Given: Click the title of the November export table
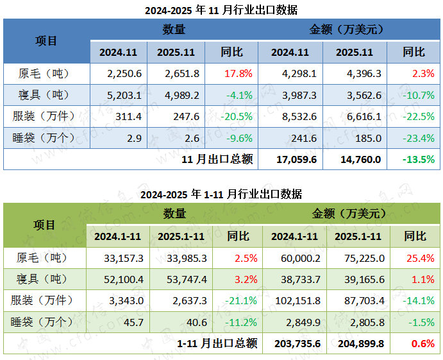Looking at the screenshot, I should coord(221,10).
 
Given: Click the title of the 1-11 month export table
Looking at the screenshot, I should coord(221,194).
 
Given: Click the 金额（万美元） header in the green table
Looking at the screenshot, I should coord(351,214).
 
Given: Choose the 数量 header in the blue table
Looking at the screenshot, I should coord(174,30).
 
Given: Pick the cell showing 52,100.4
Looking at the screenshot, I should coord(123,280).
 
